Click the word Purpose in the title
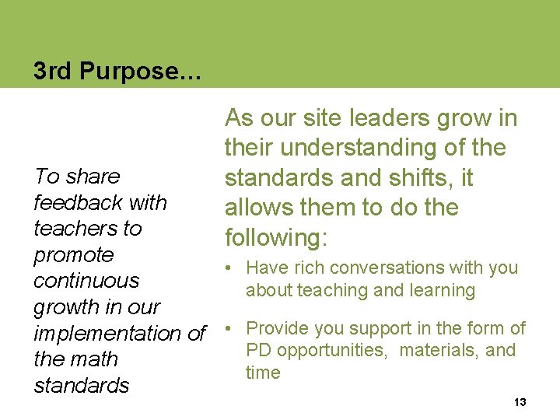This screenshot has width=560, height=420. click(x=137, y=72)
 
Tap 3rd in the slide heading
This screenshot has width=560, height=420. click(x=51, y=72)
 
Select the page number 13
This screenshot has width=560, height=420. click(x=520, y=402)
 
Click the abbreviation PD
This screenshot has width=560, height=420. click(x=258, y=350)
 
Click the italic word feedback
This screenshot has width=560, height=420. click(x=78, y=203)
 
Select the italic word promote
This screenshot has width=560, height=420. click(x=74, y=255)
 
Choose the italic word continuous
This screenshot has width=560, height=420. click(x=86, y=281)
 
